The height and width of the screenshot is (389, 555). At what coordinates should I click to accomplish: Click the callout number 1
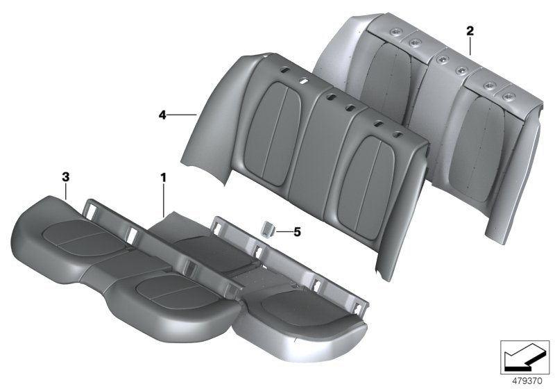163,179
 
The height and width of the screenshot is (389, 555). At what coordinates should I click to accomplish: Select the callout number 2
470,30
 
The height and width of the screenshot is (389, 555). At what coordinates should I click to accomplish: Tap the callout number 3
65,178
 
